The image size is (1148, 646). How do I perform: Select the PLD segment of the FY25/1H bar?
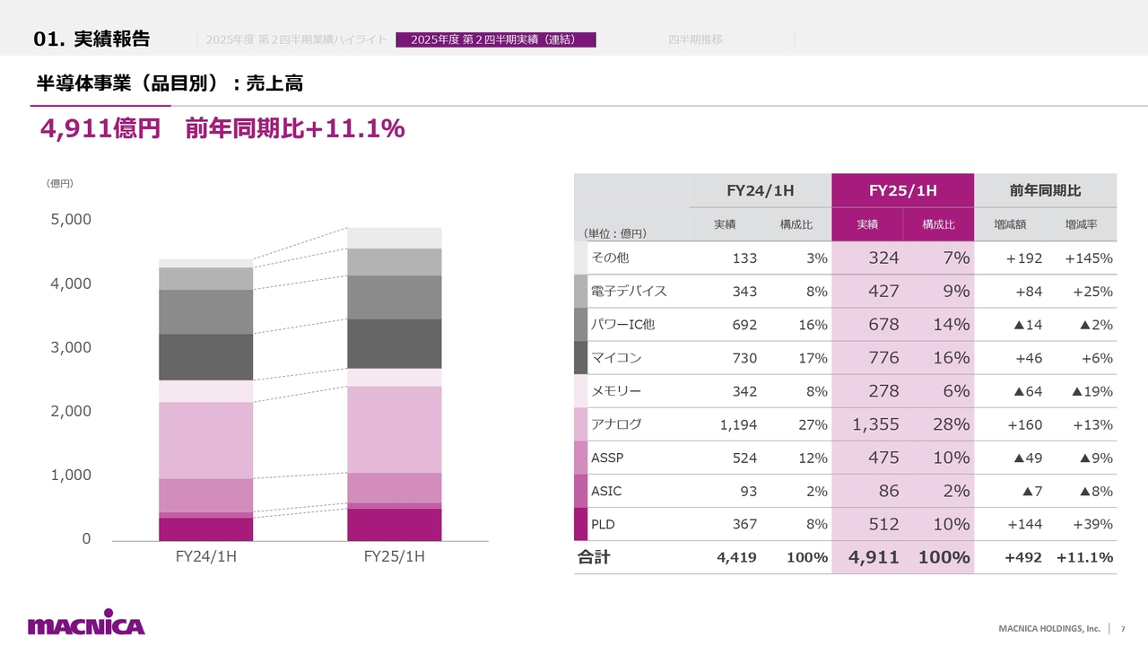click(x=394, y=525)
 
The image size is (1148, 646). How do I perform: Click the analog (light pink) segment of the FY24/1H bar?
click(x=205, y=441)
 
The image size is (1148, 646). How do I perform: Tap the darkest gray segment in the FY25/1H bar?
click(x=394, y=344)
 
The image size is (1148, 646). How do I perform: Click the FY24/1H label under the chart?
click(x=205, y=557)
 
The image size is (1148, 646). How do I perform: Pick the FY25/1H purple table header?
click(x=902, y=190)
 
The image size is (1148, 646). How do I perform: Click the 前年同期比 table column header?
click(x=1045, y=190)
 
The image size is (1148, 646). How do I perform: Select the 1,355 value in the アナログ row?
click(x=875, y=424)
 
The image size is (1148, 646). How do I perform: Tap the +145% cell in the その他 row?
click(x=1088, y=258)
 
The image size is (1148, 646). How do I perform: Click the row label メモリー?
click(x=616, y=391)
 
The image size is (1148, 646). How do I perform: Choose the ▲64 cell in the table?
click(x=1027, y=391)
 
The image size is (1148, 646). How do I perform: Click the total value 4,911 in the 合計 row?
click(x=874, y=557)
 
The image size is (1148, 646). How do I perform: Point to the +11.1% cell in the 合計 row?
click(x=1084, y=557)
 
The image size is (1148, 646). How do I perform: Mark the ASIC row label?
click(x=606, y=491)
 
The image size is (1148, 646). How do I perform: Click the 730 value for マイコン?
click(x=744, y=358)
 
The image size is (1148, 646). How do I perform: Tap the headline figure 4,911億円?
click(x=100, y=129)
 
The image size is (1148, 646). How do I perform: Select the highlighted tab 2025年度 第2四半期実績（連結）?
click(x=496, y=39)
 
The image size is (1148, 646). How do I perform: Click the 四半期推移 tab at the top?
click(x=695, y=39)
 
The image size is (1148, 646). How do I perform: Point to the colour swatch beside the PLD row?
click(x=580, y=524)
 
